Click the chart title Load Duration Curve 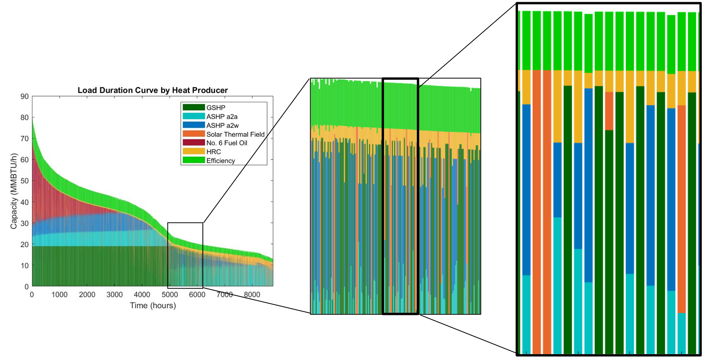point(153,90)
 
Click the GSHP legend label point(216,108)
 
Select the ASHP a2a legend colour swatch point(194,116)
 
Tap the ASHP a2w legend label point(223,125)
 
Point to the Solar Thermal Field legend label point(235,134)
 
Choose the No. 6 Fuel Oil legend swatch point(194,143)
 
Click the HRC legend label point(213,152)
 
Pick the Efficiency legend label point(220,161)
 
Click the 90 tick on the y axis point(25,96)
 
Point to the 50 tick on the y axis point(25,181)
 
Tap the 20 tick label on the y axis point(25,244)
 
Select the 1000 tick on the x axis point(59,295)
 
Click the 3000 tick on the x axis point(114,295)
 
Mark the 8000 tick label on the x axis point(252,295)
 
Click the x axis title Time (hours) point(153,305)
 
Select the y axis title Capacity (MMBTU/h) point(14,191)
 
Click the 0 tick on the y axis point(26,287)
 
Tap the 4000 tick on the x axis point(142,295)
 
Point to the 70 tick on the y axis point(25,139)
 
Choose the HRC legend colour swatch point(194,151)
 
